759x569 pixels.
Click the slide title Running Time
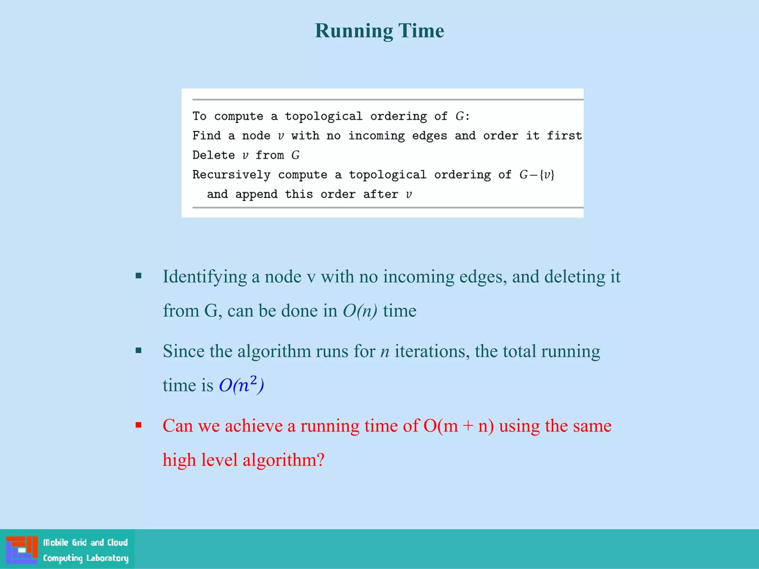tap(379, 31)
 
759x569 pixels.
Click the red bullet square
tap(139, 425)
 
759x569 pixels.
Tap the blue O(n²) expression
tap(241, 385)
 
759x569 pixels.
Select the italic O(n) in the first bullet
tap(360, 310)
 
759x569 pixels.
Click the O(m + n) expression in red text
tap(458, 426)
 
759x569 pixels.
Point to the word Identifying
tap(205, 277)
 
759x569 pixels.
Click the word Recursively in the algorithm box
tap(231, 174)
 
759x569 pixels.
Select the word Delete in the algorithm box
tap(213, 155)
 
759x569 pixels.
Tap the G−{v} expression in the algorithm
tap(537, 174)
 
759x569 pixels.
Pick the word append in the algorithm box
tap(256, 194)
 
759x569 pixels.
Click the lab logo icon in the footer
tap(21, 549)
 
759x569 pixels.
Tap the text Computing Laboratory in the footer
tap(86, 558)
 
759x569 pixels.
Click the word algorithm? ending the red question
tap(284, 460)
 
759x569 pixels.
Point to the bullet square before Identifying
tap(139, 276)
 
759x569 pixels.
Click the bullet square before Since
tap(139, 350)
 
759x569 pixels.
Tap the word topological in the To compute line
tap(323, 116)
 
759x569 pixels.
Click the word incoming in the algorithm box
tap(376, 136)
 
